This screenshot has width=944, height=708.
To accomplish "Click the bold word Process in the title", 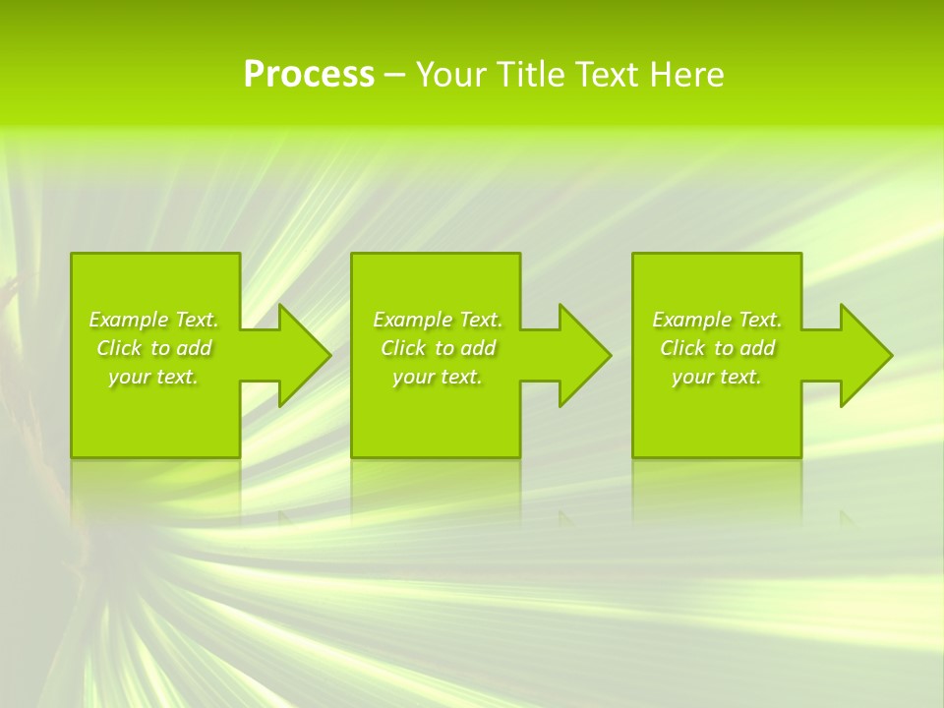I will pyautogui.click(x=309, y=75).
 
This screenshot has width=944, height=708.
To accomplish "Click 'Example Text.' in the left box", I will pyautogui.click(x=153, y=320).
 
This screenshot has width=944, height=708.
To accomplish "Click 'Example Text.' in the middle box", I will pyautogui.click(x=438, y=320).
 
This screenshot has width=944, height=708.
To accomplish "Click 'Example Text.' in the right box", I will pyautogui.click(x=717, y=320).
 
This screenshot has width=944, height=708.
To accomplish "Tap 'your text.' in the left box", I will pyautogui.click(x=153, y=377).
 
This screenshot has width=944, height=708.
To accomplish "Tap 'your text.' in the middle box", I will pyautogui.click(x=438, y=377).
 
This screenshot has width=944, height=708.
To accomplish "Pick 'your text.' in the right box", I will pyautogui.click(x=717, y=377).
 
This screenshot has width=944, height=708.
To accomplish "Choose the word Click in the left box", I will pyautogui.click(x=118, y=348).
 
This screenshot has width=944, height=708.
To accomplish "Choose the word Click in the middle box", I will pyautogui.click(x=402, y=348).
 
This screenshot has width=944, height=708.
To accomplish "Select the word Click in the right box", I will pyautogui.click(x=681, y=348).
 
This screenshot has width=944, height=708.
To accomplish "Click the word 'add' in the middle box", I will pyautogui.click(x=477, y=348).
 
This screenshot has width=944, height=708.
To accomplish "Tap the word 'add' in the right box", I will pyautogui.click(x=756, y=348).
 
